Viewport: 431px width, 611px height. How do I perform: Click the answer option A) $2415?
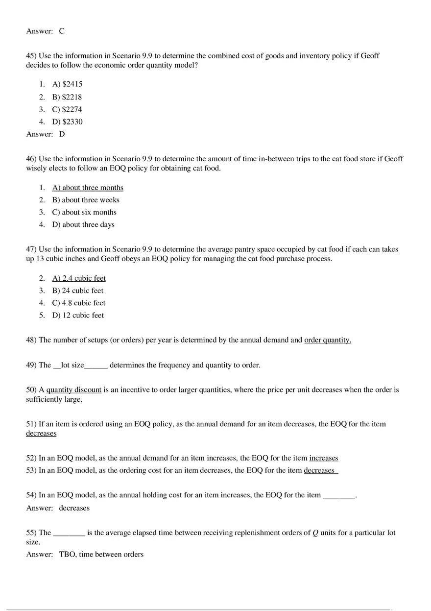(67, 84)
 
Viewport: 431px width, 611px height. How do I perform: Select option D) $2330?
(67, 122)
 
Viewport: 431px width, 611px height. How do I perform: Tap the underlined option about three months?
(88, 188)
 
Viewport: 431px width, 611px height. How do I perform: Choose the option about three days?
(83, 225)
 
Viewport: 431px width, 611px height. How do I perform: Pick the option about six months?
(84, 213)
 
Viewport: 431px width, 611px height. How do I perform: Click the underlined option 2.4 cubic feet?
(79, 278)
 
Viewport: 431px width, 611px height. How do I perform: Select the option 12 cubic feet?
(78, 316)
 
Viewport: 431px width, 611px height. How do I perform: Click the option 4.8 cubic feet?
(78, 303)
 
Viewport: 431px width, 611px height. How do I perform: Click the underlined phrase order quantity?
(327, 340)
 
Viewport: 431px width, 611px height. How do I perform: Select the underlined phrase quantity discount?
(74, 390)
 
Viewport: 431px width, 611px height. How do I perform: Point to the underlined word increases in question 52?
(323, 458)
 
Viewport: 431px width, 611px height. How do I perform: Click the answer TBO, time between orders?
(101, 555)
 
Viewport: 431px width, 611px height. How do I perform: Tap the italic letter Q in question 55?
(315, 533)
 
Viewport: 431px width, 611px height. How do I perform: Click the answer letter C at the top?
(62, 31)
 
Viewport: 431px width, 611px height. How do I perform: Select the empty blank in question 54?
(339, 495)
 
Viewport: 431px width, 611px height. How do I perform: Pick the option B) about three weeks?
(86, 200)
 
